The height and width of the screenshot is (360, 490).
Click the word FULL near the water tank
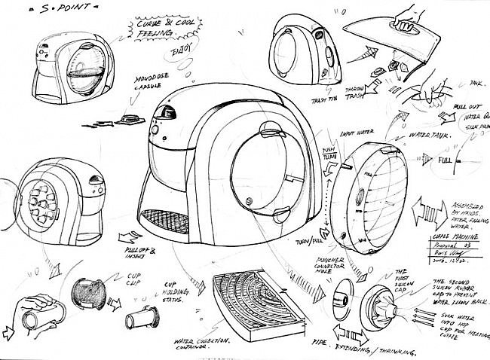pos(443,160)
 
